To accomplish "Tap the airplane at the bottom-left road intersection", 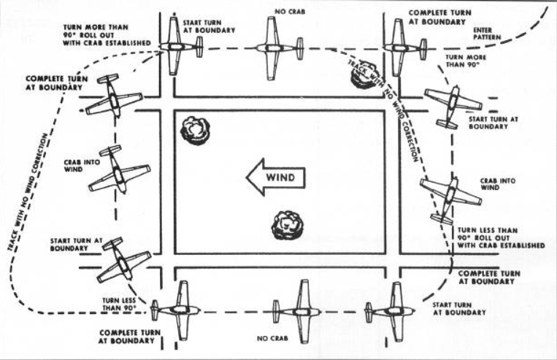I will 175,310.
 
